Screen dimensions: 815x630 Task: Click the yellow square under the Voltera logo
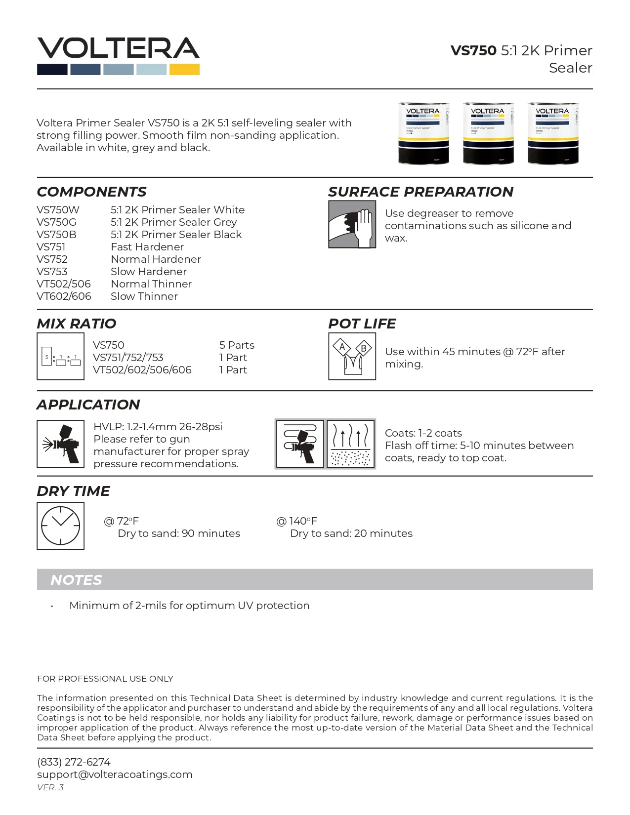click(x=184, y=70)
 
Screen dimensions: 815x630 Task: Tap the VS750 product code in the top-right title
click(x=473, y=50)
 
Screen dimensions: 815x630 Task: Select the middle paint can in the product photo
click(x=488, y=133)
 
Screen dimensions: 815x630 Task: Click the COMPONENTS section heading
click(x=91, y=192)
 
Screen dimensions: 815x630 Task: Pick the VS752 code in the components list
click(x=52, y=259)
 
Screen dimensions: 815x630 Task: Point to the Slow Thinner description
click(x=144, y=296)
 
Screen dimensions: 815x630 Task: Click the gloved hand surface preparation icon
click(x=352, y=224)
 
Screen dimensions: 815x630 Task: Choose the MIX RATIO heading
click(x=76, y=324)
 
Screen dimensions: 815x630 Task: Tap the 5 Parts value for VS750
click(x=237, y=345)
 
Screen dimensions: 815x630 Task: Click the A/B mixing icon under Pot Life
click(x=352, y=356)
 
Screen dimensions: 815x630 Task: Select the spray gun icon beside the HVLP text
click(x=60, y=444)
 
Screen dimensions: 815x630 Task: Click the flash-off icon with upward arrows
click(x=350, y=444)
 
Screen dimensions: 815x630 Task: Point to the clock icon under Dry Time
click(x=60, y=526)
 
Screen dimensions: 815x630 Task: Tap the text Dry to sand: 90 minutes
click(x=179, y=533)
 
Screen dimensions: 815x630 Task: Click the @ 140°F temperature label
click(x=296, y=521)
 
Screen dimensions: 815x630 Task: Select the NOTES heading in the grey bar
click(x=76, y=580)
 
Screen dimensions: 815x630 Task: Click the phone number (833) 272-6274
click(x=74, y=762)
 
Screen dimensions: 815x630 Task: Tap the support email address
click(x=115, y=774)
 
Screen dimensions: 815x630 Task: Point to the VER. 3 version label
click(x=50, y=787)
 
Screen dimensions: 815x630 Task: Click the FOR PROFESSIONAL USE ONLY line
click(x=105, y=679)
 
